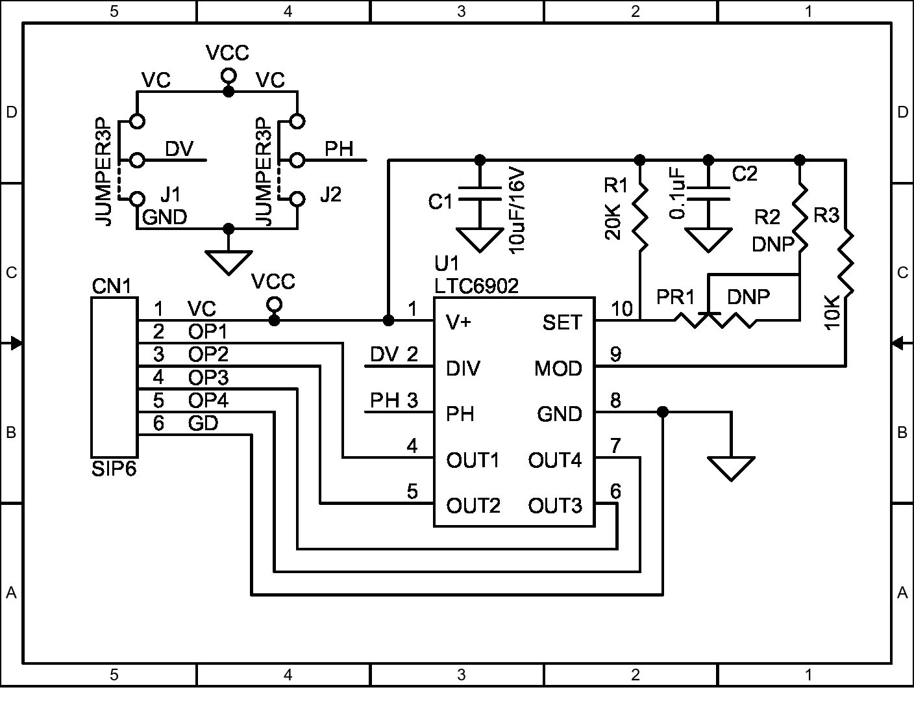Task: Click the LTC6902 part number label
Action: pos(476,285)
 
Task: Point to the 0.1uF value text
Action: pos(677,194)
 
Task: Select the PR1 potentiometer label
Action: pos(675,297)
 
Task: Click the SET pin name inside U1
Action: pos(562,322)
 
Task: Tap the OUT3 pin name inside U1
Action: pos(554,506)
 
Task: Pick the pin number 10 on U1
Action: pos(621,308)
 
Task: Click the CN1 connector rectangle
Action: pos(114,377)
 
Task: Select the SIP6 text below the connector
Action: pos(114,469)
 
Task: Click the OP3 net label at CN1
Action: pos(208,378)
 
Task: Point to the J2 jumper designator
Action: pos(330,194)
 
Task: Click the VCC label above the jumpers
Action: pos(227,53)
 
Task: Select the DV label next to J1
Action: pos(179,149)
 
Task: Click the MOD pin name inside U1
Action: pos(558,368)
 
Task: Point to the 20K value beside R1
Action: pos(613,222)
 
